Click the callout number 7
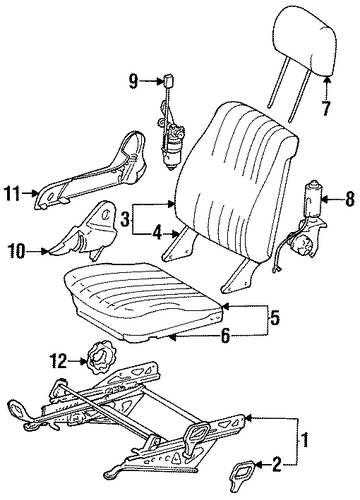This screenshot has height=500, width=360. (326, 107)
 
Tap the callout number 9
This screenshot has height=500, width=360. (133, 81)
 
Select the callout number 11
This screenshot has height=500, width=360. (14, 194)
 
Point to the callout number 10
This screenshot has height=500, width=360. (17, 252)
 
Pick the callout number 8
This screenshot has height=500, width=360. (349, 200)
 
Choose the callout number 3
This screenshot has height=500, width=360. (124, 220)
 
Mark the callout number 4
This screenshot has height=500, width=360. (157, 234)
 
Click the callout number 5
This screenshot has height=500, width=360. (274, 319)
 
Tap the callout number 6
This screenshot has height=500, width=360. (226, 336)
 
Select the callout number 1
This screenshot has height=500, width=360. (305, 440)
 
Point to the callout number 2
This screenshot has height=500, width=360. (277, 465)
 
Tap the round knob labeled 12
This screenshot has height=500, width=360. (98, 358)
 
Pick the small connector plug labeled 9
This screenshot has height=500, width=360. (166, 81)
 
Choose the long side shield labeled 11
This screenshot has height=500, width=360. (91, 171)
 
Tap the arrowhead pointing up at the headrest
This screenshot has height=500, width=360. (327, 80)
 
